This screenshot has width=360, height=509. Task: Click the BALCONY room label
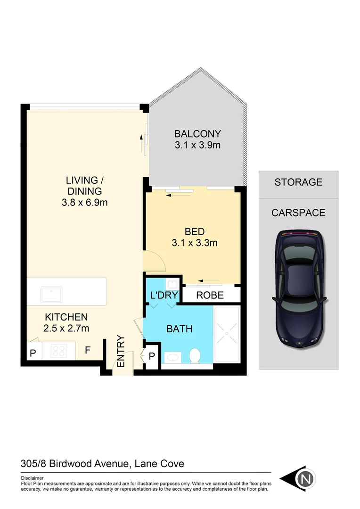click(197, 133)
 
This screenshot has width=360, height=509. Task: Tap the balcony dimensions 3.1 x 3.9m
click(197, 146)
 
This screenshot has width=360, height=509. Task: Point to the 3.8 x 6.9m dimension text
click(84, 203)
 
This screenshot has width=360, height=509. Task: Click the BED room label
click(194, 231)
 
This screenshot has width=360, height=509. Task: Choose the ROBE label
click(210, 296)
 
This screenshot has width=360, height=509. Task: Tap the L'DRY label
click(164, 296)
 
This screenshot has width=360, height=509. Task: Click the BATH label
click(180, 328)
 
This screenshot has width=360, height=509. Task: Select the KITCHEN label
click(66, 317)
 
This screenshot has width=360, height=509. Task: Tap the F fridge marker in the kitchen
click(88, 351)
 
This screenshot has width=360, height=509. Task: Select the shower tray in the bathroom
click(227, 334)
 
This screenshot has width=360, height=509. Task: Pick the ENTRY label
click(121, 352)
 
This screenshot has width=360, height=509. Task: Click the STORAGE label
click(298, 182)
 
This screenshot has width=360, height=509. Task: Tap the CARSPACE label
click(298, 213)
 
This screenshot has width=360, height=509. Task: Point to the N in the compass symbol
click(305, 479)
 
